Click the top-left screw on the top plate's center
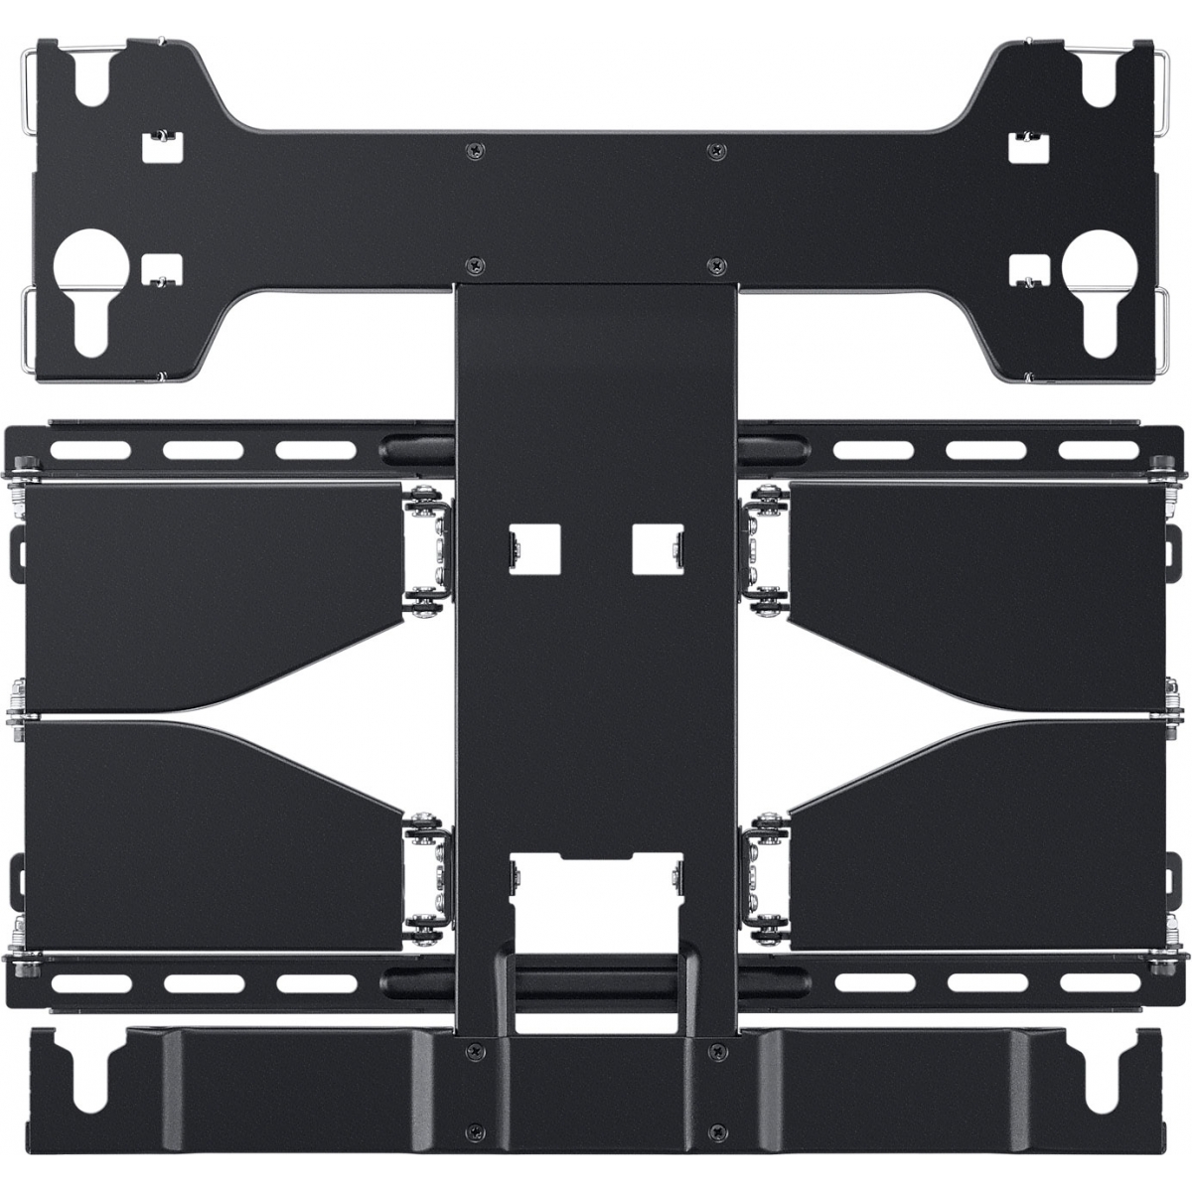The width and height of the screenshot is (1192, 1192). pyautogui.click(x=470, y=149)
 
